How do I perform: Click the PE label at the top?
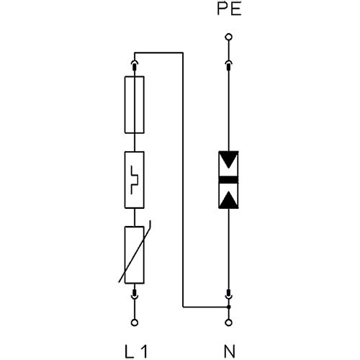coord(229,9)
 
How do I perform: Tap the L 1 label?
coord(136,351)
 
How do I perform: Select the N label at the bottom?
coord(229,351)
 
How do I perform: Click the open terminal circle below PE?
coord(228,37)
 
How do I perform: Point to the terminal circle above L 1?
coord(135,323)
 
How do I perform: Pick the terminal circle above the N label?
coord(228,323)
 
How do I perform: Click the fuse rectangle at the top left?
coord(135,104)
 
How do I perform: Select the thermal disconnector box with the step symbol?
coord(135,180)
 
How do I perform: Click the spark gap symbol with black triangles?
coord(228,180)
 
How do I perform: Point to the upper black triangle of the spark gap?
coord(228,160)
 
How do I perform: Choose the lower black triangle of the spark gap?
coord(228,199)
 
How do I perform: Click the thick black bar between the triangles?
coord(228,180)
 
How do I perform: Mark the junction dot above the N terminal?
coord(229,307)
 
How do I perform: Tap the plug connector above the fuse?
coord(135,65)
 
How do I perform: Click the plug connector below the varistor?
coord(135,294)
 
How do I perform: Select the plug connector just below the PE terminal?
coord(228,65)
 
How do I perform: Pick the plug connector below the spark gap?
coord(228,294)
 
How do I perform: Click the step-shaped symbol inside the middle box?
coord(135,180)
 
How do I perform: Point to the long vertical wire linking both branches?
coord(183,180)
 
